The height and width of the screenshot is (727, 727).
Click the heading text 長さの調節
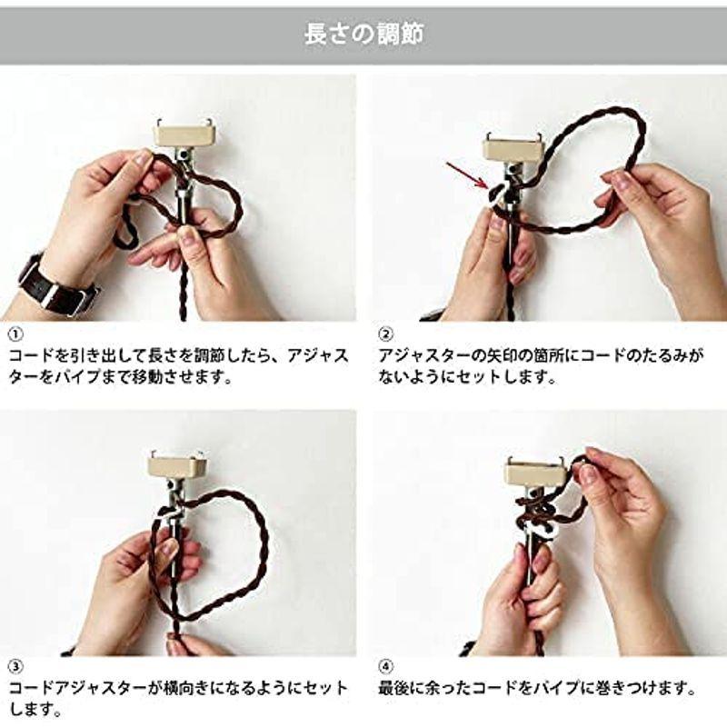(x=363, y=35)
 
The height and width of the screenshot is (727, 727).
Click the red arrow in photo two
(x=466, y=174)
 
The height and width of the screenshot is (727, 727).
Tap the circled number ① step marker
(x=15, y=334)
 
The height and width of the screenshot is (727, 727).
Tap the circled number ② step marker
(x=384, y=334)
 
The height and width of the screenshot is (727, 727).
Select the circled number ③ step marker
(x=15, y=689)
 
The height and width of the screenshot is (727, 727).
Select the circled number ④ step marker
(x=384, y=689)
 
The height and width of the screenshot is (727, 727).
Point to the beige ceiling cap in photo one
(x=182, y=134)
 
